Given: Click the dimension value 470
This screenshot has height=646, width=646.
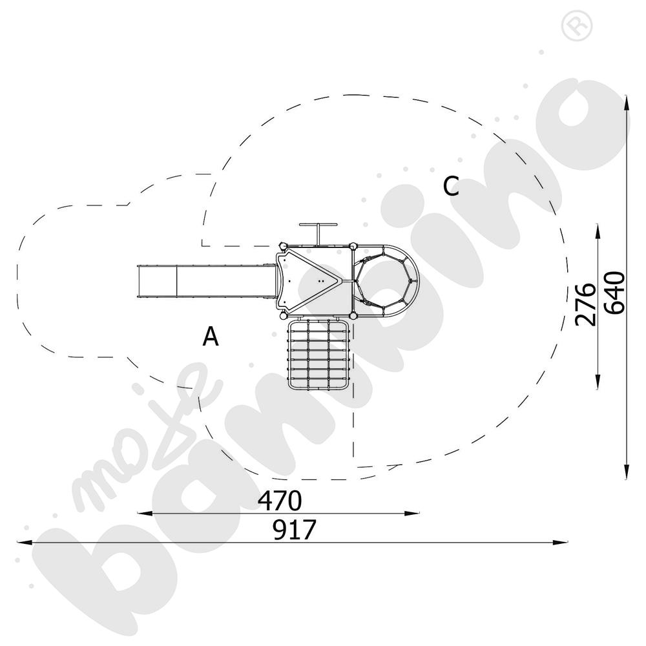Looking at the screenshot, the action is (280, 501).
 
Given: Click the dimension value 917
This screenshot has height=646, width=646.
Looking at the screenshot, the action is (294, 530).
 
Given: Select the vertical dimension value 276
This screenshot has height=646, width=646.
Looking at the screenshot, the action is (585, 304).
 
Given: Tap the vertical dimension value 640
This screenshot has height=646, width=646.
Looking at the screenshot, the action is (615, 293).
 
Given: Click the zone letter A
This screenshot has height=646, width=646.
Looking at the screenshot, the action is (211, 336).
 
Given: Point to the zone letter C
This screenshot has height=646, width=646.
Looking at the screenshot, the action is (451, 186).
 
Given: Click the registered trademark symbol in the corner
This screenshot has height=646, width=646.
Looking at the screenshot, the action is (577, 26).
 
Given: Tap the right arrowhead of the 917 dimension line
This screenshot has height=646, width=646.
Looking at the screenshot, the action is (560, 543).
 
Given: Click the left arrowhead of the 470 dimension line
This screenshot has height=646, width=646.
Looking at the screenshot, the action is (144, 514).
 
